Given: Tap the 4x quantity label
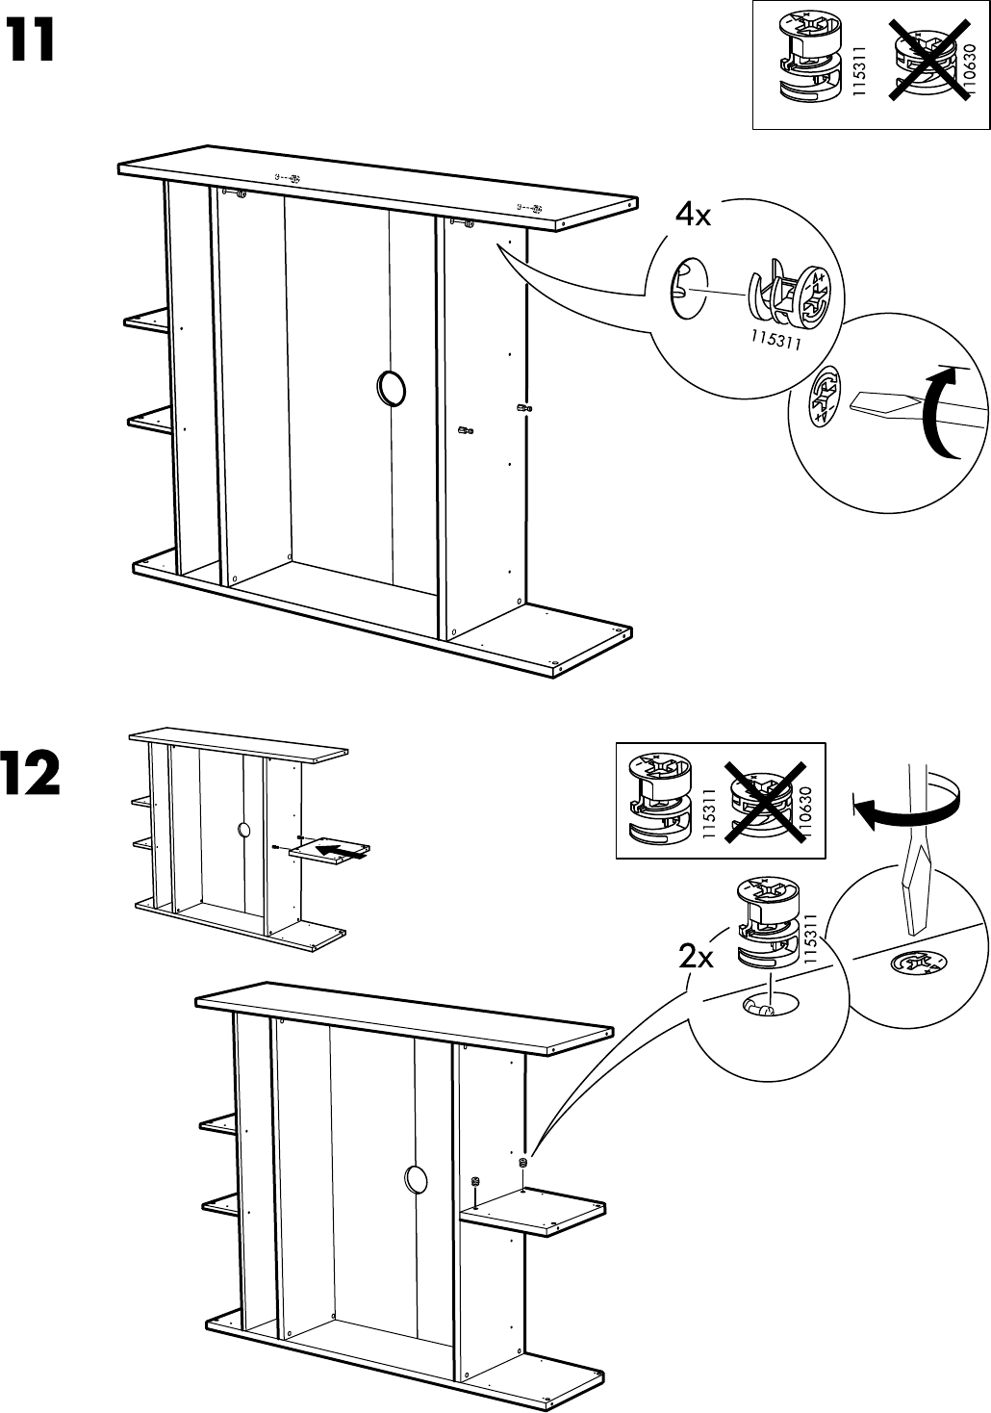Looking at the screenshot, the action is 693,216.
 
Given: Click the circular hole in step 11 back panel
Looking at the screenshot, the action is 392,388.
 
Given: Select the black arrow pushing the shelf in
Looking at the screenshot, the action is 343,849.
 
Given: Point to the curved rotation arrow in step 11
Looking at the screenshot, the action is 938,414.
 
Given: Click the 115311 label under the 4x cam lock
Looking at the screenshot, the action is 776,336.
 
